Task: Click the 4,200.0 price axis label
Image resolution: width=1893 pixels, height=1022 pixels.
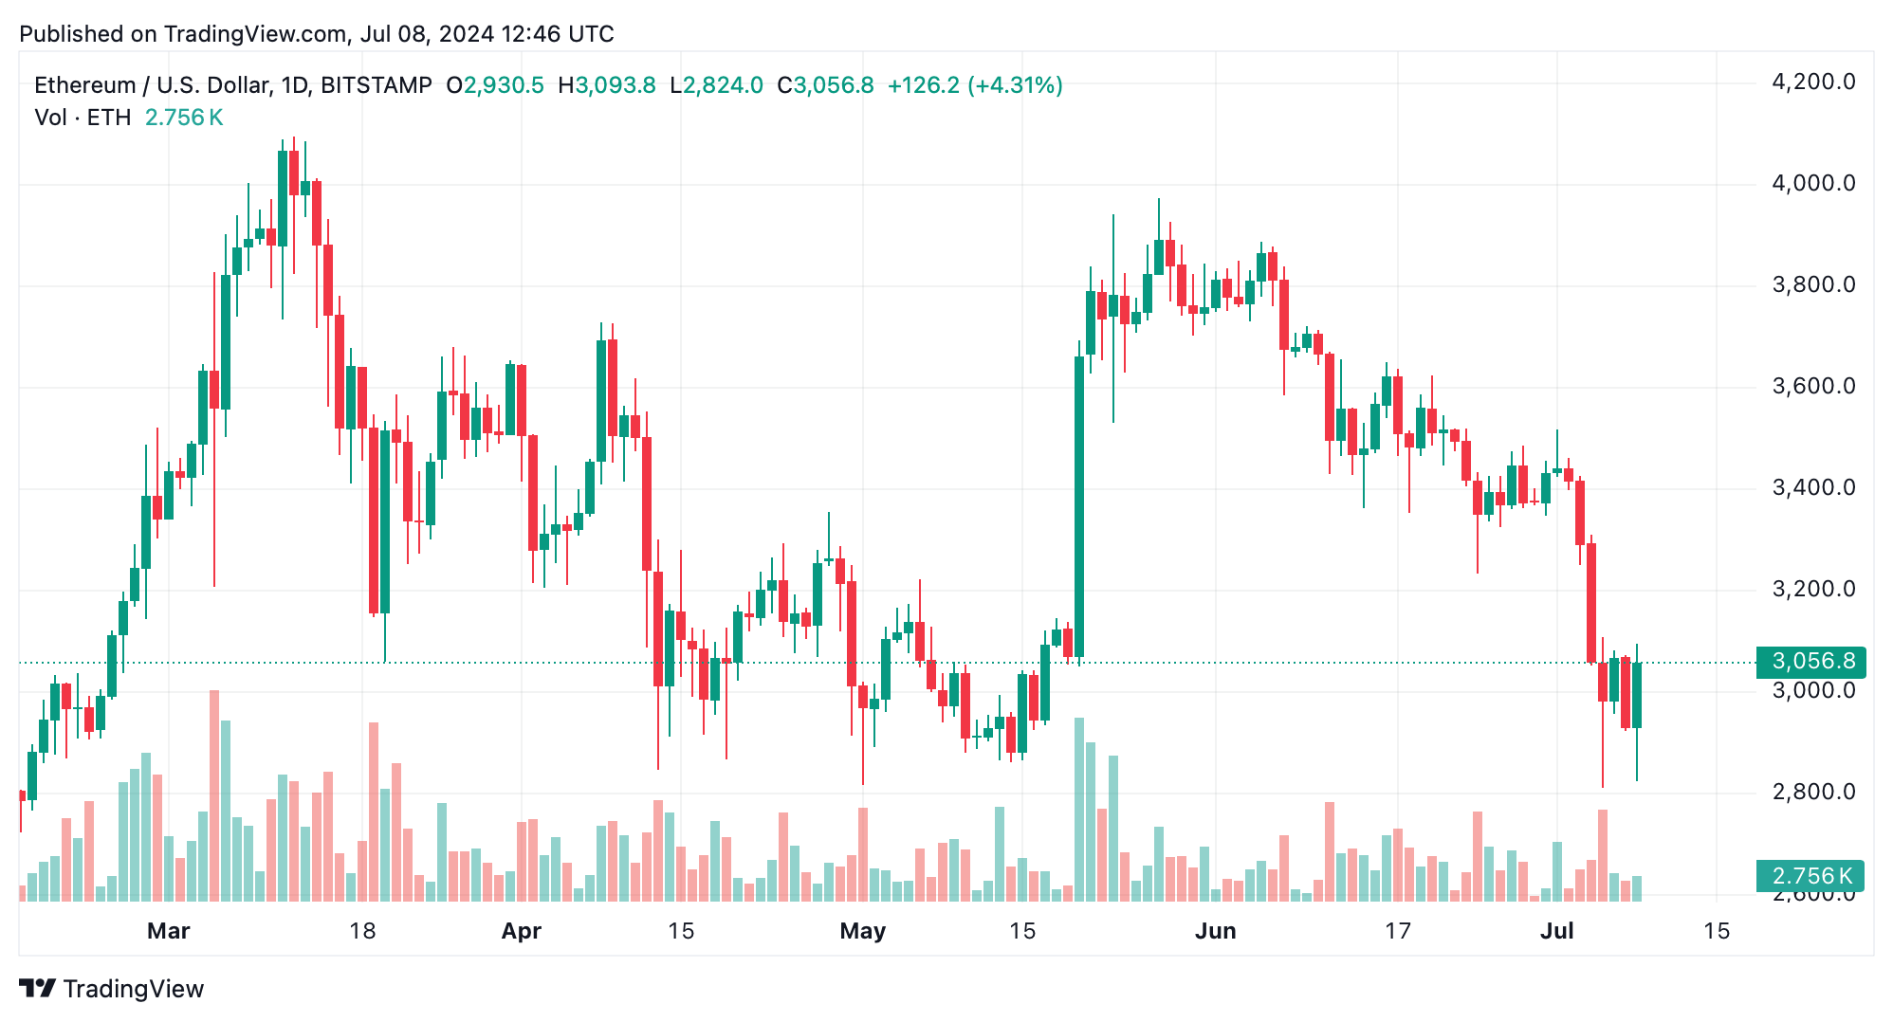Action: point(1812,82)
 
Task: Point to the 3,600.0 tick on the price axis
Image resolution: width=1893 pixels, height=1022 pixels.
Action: point(1812,387)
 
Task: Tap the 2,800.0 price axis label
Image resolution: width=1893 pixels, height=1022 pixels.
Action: point(1812,792)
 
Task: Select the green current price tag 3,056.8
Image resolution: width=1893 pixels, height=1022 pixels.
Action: point(1810,661)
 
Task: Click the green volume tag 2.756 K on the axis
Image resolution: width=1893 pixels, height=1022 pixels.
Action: point(1810,876)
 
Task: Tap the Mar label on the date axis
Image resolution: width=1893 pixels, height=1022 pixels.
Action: point(168,931)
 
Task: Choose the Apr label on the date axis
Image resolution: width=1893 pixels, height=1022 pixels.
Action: point(521,931)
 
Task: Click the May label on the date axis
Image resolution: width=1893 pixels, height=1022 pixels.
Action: point(862,931)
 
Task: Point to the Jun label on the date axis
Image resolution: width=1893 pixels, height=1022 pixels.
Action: point(1215,931)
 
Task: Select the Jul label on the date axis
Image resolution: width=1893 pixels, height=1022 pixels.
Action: point(1556,931)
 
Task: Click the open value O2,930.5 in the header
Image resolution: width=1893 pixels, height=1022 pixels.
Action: point(495,85)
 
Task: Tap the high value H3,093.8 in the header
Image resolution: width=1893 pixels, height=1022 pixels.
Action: point(607,85)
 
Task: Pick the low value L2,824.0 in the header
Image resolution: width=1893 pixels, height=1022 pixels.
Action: point(716,85)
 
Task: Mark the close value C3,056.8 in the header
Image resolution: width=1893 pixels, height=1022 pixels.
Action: point(825,85)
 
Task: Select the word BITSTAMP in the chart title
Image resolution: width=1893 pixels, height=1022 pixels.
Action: point(377,85)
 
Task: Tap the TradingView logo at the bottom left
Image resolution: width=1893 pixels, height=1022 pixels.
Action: point(112,989)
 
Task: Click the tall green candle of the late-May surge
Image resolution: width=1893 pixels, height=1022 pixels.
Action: point(1079,507)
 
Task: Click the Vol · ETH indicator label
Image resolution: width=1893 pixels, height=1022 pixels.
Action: point(83,118)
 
